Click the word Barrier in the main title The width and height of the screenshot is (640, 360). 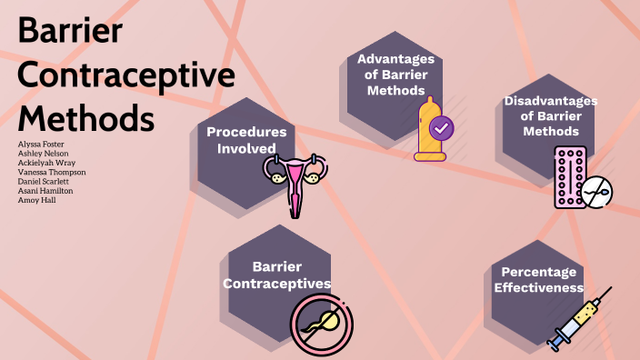(x=71, y=33)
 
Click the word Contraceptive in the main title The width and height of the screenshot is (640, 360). (x=126, y=75)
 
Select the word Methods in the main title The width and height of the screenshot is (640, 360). (x=86, y=119)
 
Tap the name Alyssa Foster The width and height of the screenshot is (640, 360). (x=41, y=144)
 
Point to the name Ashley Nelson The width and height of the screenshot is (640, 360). (x=43, y=154)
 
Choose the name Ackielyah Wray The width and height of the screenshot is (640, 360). (x=46, y=163)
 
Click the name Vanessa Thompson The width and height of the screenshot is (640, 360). (x=52, y=172)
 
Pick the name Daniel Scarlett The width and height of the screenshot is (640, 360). (x=45, y=182)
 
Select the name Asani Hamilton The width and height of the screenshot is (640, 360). (x=45, y=191)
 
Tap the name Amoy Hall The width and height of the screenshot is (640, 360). (x=36, y=200)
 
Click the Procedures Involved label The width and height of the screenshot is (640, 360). (x=246, y=140)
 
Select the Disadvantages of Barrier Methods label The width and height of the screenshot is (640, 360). (x=550, y=115)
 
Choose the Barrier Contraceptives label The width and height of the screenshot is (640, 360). (x=278, y=275)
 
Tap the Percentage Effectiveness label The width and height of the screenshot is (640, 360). (x=538, y=280)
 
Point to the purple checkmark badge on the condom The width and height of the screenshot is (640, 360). (x=441, y=128)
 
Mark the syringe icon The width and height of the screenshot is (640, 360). (x=579, y=319)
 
